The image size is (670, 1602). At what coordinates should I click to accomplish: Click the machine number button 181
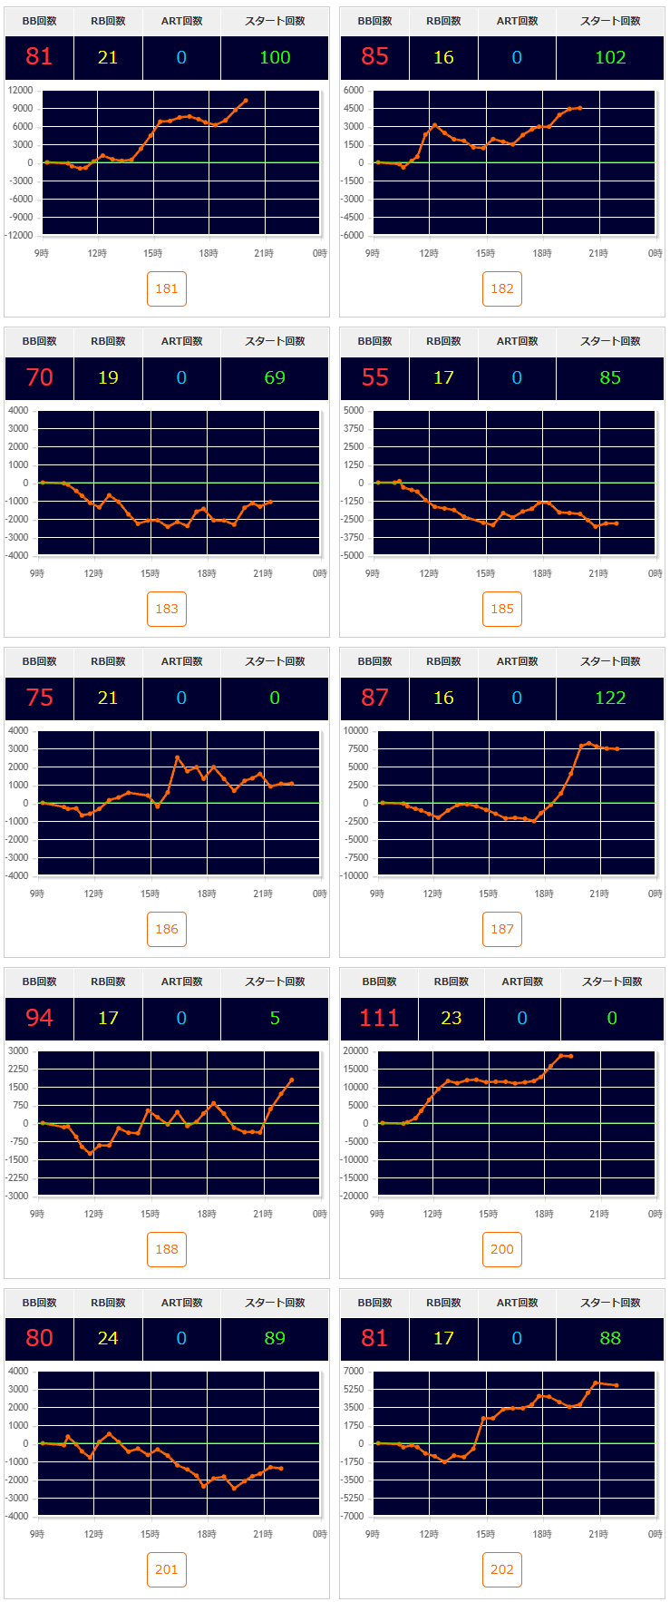167,288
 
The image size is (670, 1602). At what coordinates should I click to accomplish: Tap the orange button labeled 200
502,1249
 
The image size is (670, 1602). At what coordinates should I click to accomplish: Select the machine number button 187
502,929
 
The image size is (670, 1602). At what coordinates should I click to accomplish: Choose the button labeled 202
502,1569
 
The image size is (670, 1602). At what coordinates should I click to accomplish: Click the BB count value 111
379,1018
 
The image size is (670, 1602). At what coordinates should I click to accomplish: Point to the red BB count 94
39,1018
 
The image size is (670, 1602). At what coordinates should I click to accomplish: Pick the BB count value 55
374,377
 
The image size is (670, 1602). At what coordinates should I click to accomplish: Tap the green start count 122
610,698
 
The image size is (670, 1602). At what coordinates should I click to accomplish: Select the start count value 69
275,377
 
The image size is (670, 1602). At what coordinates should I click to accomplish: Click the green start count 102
610,57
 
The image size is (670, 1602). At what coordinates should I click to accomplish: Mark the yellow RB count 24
108,1338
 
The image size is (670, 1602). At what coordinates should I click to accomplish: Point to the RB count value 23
451,1018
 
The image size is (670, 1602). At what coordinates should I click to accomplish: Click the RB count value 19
108,377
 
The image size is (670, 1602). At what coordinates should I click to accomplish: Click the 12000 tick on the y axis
20,90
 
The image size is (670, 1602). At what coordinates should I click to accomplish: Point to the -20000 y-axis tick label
353,1196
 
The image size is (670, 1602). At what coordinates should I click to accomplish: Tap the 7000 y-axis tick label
354,1371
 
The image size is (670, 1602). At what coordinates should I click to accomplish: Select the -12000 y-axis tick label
17,235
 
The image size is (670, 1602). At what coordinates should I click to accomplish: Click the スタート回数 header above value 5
275,982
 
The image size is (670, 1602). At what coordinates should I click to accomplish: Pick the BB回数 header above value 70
39,341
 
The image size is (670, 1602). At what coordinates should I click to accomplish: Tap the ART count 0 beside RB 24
181,1338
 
